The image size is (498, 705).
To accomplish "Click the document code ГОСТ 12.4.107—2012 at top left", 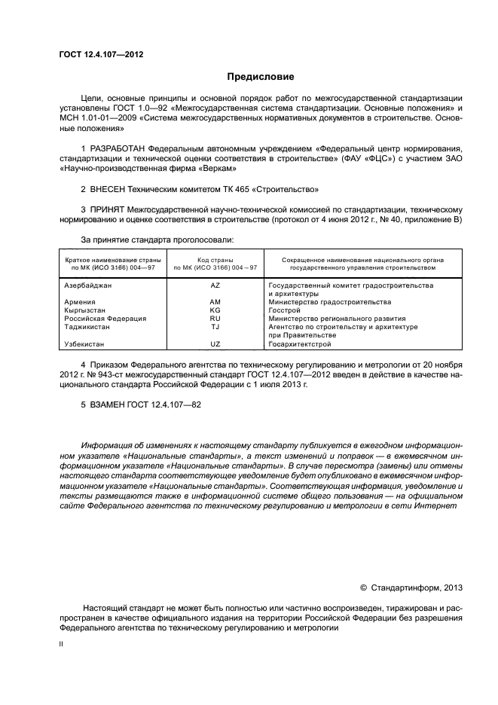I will pyautogui.click(x=101, y=55).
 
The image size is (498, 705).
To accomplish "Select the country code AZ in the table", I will pyautogui.click(x=215, y=285).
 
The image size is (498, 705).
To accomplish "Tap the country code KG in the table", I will pyautogui.click(x=215, y=310).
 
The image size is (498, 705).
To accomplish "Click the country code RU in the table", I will pyautogui.click(x=215, y=318).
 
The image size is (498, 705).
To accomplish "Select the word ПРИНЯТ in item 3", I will pyautogui.click(x=107, y=209).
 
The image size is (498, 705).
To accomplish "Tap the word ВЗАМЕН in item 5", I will pyautogui.click(x=107, y=404).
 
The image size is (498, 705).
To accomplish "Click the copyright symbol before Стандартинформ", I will pyautogui.click(x=363, y=587).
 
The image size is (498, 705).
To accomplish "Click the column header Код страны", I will pyautogui.click(x=215, y=260).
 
